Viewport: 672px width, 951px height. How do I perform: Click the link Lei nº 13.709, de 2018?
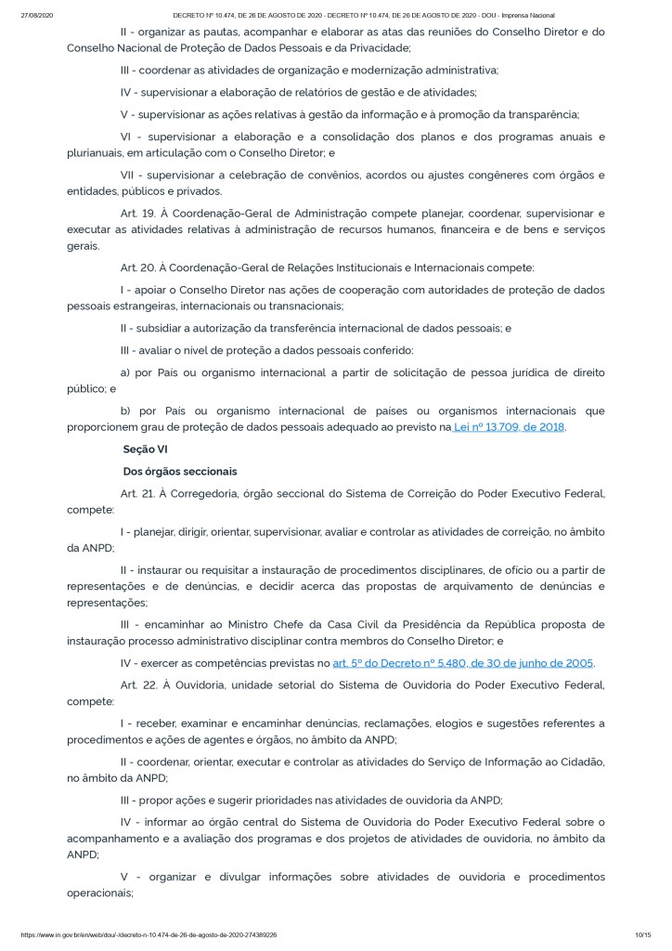click(509, 427)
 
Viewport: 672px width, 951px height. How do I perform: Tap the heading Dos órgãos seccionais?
click(180, 472)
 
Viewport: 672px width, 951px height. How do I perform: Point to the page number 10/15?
click(642, 934)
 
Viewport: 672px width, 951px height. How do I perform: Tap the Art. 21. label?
click(139, 494)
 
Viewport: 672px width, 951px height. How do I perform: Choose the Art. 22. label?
click(139, 685)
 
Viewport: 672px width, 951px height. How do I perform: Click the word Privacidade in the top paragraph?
click(375, 47)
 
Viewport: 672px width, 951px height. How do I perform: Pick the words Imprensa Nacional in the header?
click(529, 16)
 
